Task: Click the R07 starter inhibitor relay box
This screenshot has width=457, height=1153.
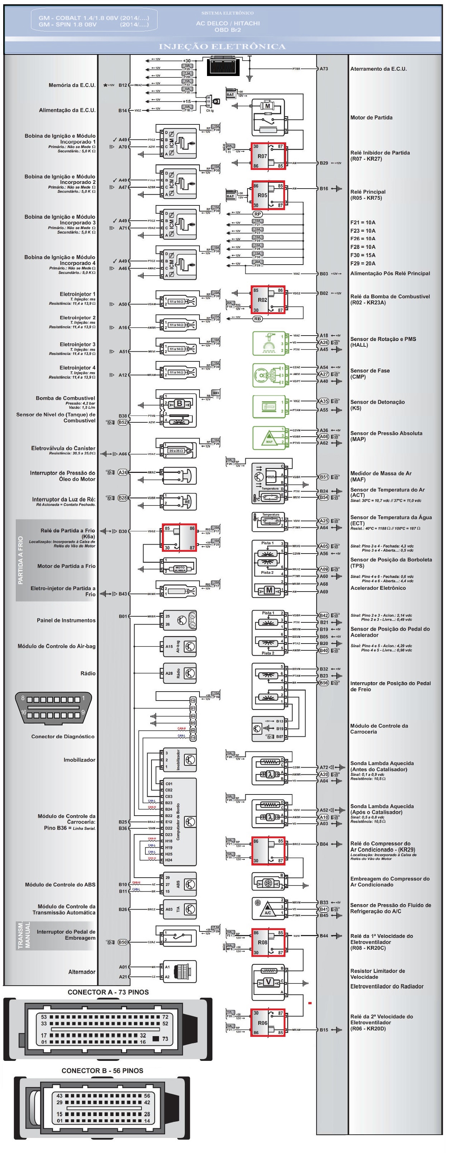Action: click(268, 156)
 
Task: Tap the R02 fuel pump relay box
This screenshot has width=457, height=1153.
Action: click(268, 300)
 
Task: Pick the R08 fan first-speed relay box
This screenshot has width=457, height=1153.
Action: click(268, 942)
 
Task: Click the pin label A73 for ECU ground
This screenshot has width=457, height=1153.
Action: click(324, 69)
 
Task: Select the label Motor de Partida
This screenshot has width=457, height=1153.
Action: click(371, 118)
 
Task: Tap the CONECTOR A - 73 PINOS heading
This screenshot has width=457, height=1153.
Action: click(108, 992)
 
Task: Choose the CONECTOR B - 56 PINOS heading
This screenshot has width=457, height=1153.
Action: click(102, 1071)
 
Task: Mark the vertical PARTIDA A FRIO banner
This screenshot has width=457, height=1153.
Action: click(20, 560)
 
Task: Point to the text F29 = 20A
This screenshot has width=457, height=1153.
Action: click(363, 264)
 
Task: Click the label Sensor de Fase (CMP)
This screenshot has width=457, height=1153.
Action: click(370, 374)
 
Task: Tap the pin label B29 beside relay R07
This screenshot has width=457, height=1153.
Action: click(324, 163)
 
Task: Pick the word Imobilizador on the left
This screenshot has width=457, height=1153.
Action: click(79, 760)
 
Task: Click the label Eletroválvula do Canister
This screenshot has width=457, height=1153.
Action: click(63, 448)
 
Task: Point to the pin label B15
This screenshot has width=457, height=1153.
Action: click(324, 1030)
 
